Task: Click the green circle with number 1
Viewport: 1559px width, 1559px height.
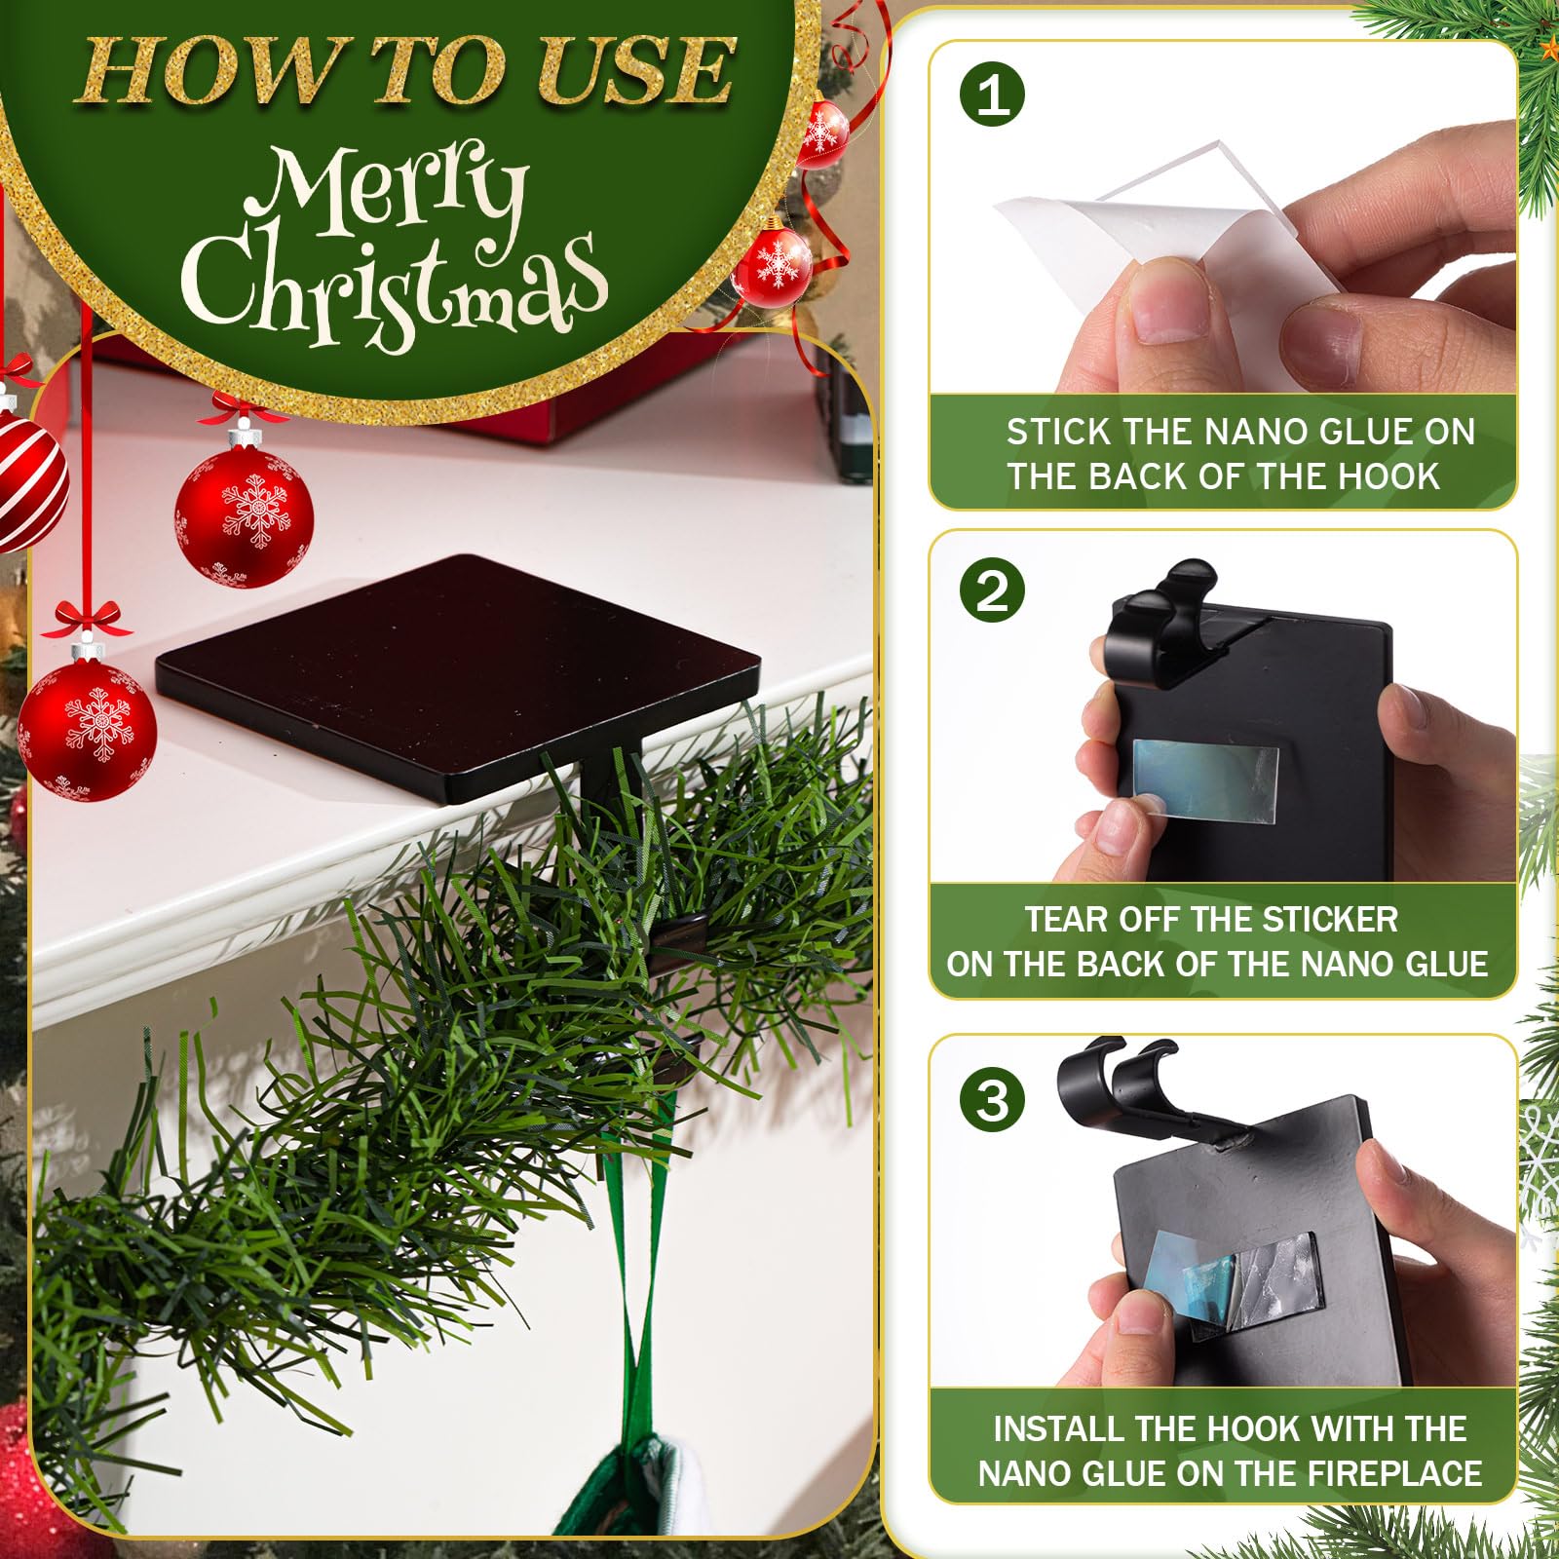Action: pyautogui.click(x=993, y=95)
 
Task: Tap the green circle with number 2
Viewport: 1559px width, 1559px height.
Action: pyautogui.click(x=993, y=590)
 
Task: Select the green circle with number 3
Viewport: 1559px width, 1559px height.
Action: pyautogui.click(x=993, y=1100)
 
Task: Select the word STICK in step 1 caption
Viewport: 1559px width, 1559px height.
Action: pyautogui.click(x=1059, y=432)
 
